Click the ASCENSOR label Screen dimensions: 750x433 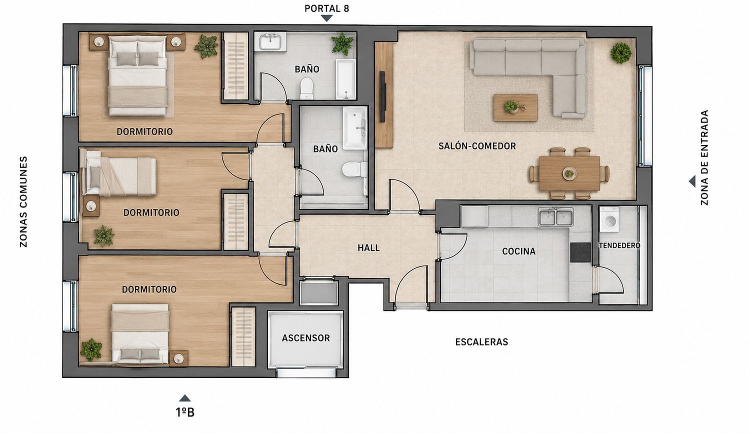(305, 338)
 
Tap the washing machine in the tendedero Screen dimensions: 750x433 (609, 219)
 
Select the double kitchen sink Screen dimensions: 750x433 (556, 216)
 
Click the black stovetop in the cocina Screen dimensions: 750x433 (580, 252)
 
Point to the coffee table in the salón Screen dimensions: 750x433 (515, 108)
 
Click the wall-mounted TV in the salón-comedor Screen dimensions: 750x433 (382, 97)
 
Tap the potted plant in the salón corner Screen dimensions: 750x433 (621, 53)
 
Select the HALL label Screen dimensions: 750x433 (368, 248)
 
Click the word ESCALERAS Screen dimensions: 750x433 (481, 342)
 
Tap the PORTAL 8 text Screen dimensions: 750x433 (327, 8)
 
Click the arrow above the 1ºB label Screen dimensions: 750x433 (185, 398)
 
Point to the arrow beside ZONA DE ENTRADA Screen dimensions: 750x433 (691, 181)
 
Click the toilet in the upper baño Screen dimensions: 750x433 (306, 88)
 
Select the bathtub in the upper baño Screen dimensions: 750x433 (346, 79)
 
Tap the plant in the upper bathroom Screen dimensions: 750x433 (342, 43)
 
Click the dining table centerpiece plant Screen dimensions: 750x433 (569, 173)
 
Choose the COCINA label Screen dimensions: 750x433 (518, 251)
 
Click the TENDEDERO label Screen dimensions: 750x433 (619, 245)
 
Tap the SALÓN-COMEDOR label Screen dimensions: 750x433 (477, 146)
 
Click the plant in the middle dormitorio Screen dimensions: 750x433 (104, 236)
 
